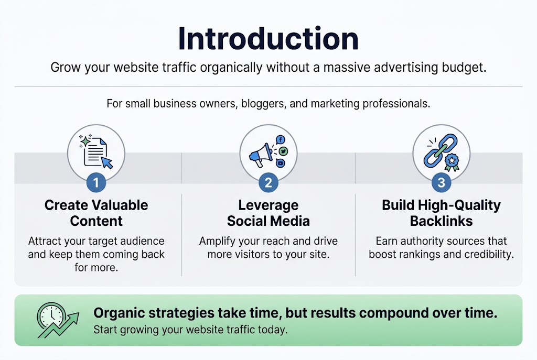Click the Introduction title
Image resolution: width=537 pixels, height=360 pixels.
268,39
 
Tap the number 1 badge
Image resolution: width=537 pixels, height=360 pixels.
96,182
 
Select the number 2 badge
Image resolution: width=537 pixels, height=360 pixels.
268,182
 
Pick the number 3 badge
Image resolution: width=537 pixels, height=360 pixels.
441,182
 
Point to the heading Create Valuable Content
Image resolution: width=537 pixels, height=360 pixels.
96,213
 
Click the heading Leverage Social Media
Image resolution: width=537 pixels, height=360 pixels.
268,213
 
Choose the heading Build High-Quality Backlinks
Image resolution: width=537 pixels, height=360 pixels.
441,213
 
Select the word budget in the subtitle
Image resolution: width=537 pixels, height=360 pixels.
465,68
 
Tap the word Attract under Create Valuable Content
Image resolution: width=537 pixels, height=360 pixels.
47,241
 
